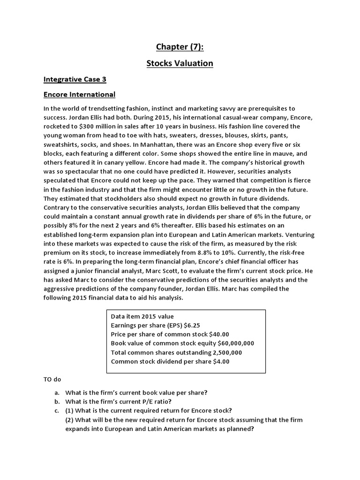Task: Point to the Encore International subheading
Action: tap(79, 94)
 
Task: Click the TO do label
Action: tap(52, 379)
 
